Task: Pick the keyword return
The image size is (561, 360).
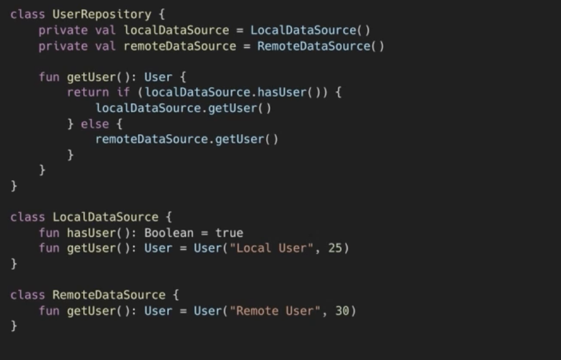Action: pyautogui.click(x=88, y=92)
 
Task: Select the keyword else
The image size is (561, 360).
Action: pyautogui.click(x=95, y=123)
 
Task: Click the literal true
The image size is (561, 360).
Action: pyautogui.click(x=229, y=233)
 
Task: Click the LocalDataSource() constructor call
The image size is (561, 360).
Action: pyautogui.click(x=310, y=30)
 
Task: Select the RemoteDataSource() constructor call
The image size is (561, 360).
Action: pyautogui.click(x=320, y=46)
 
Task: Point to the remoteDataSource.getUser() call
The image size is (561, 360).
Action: pyautogui.click(x=187, y=139)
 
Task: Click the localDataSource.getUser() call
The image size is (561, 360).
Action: pyautogui.click(x=183, y=108)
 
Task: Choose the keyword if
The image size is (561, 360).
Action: pyautogui.click(x=123, y=92)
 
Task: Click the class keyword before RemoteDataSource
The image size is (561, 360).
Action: pyautogui.click(x=28, y=295)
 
